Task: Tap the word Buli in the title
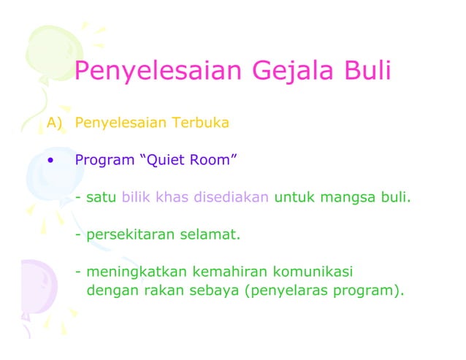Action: point(367,72)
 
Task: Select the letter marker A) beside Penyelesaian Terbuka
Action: point(56,122)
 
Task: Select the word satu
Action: point(102,197)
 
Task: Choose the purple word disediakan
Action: point(232,197)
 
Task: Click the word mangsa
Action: point(344,197)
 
